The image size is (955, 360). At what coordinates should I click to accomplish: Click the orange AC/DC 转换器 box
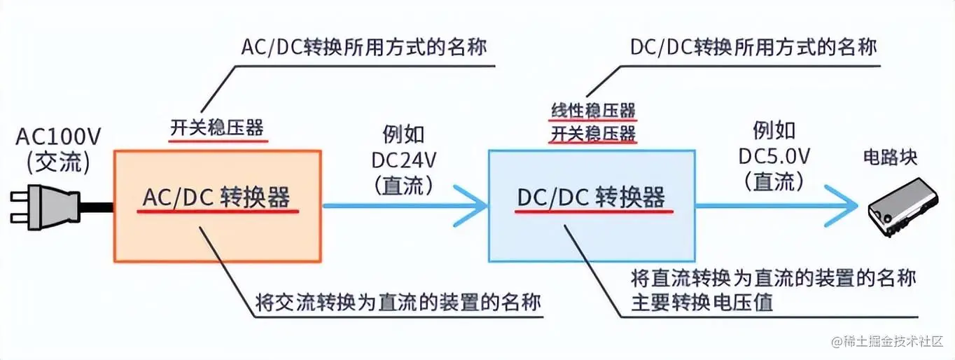coord(217,231)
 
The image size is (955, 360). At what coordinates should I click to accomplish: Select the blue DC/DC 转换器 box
coord(592,231)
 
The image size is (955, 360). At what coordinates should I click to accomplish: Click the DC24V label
coord(404,159)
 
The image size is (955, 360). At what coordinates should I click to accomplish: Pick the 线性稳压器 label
coord(593,110)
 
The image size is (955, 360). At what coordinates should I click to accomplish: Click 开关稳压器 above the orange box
coord(217,128)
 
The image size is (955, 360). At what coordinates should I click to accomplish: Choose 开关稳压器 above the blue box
coord(593,133)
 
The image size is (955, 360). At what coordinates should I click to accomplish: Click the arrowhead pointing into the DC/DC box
coord(473,205)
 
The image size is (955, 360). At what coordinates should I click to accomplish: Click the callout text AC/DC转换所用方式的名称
coord(363,47)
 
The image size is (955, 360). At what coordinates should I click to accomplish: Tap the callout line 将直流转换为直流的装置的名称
coord(773,278)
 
